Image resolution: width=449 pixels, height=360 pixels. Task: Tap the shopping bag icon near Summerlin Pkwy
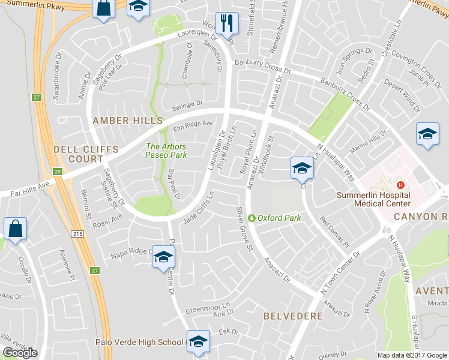(103, 9)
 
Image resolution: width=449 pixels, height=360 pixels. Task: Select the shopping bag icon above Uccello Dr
(14, 229)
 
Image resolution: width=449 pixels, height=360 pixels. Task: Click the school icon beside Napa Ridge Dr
(162, 257)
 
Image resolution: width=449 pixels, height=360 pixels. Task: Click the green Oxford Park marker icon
(252, 218)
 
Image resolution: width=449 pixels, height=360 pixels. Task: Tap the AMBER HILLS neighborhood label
(119, 121)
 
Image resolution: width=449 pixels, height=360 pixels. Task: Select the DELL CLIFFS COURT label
(78, 154)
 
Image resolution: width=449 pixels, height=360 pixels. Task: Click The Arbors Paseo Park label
(166, 150)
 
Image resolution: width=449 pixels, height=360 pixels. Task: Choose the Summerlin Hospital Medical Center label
(373, 199)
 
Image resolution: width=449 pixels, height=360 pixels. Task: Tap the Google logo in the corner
(20, 352)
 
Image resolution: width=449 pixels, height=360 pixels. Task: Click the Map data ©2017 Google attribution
(412, 355)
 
